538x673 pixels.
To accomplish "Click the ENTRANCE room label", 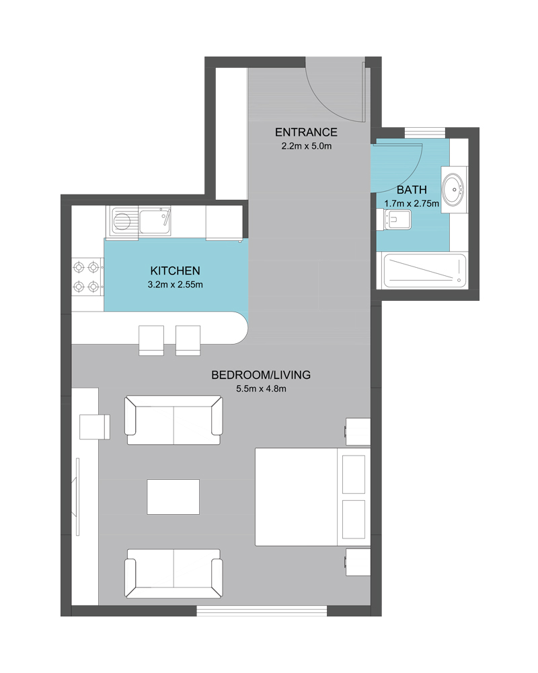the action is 306,132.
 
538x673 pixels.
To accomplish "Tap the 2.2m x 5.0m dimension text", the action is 307,146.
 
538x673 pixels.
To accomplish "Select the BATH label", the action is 412,190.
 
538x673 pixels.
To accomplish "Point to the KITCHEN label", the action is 175,271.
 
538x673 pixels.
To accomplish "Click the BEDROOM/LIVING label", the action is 261,375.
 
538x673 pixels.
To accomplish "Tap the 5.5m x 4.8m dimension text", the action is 261,389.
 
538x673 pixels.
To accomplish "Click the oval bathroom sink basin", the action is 454,189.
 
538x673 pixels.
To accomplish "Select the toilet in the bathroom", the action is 394,220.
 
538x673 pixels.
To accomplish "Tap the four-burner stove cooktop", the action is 87,277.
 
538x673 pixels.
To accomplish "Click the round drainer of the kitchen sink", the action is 122,222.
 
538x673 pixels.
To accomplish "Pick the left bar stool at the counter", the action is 151,341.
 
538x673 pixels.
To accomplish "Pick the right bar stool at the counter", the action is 188,341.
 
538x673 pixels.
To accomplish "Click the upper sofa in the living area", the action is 174,420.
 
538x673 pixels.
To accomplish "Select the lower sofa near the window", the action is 174,573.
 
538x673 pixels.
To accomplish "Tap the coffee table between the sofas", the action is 174,497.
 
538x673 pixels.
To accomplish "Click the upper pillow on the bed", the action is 354,474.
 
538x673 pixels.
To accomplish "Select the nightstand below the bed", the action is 358,562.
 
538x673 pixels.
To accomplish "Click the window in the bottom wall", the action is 262,611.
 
